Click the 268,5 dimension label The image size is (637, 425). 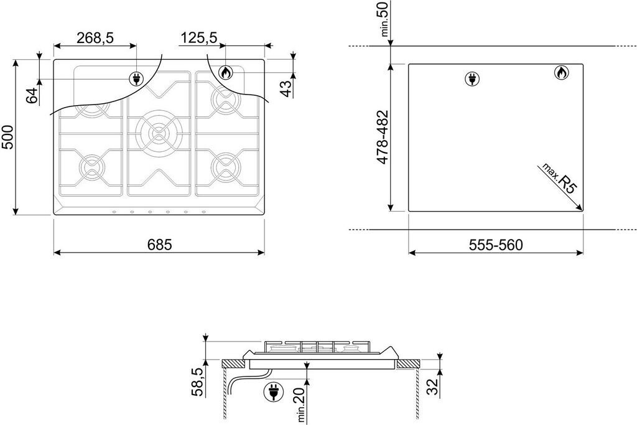(x=95, y=38)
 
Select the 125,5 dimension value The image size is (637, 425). (x=198, y=38)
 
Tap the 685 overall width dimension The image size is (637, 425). (x=159, y=245)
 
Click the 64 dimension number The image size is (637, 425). (x=32, y=95)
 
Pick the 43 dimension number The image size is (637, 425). (x=286, y=88)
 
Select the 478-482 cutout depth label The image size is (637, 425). (x=383, y=137)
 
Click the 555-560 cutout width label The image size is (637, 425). (x=496, y=245)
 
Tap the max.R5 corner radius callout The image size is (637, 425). (x=557, y=180)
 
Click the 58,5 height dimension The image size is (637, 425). (x=197, y=381)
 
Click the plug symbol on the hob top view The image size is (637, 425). (x=135, y=78)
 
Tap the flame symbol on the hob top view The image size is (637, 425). (x=226, y=73)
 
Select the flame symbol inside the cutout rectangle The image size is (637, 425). (x=560, y=73)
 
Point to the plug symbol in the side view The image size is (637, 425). (x=272, y=391)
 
